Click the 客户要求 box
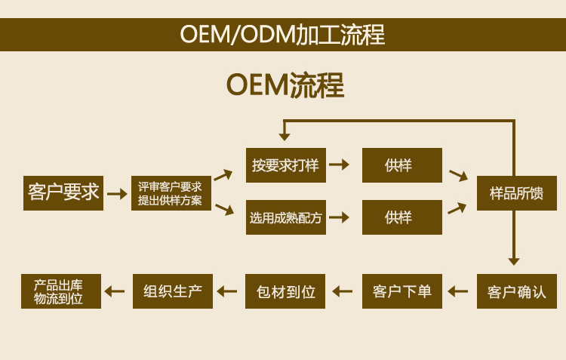click(x=63, y=193)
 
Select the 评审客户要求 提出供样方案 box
click(x=171, y=193)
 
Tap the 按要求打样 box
click(x=286, y=165)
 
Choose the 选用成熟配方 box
click(x=286, y=217)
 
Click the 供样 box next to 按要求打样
click(x=402, y=165)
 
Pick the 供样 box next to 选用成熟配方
click(x=402, y=217)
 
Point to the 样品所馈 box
click(x=517, y=193)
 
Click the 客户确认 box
click(x=517, y=291)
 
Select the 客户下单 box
click(x=402, y=291)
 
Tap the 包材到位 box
click(x=285, y=291)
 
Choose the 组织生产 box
click(x=173, y=291)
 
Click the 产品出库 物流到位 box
click(x=61, y=291)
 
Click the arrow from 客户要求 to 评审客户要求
click(x=117, y=194)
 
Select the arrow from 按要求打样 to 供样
click(x=340, y=165)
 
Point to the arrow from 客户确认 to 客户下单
click(x=458, y=291)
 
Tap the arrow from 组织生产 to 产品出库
click(x=115, y=291)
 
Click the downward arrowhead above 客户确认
click(x=514, y=262)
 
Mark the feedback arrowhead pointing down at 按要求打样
click(x=285, y=137)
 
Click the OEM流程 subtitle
click(x=285, y=85)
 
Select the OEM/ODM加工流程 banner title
click(x=283, y=34)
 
